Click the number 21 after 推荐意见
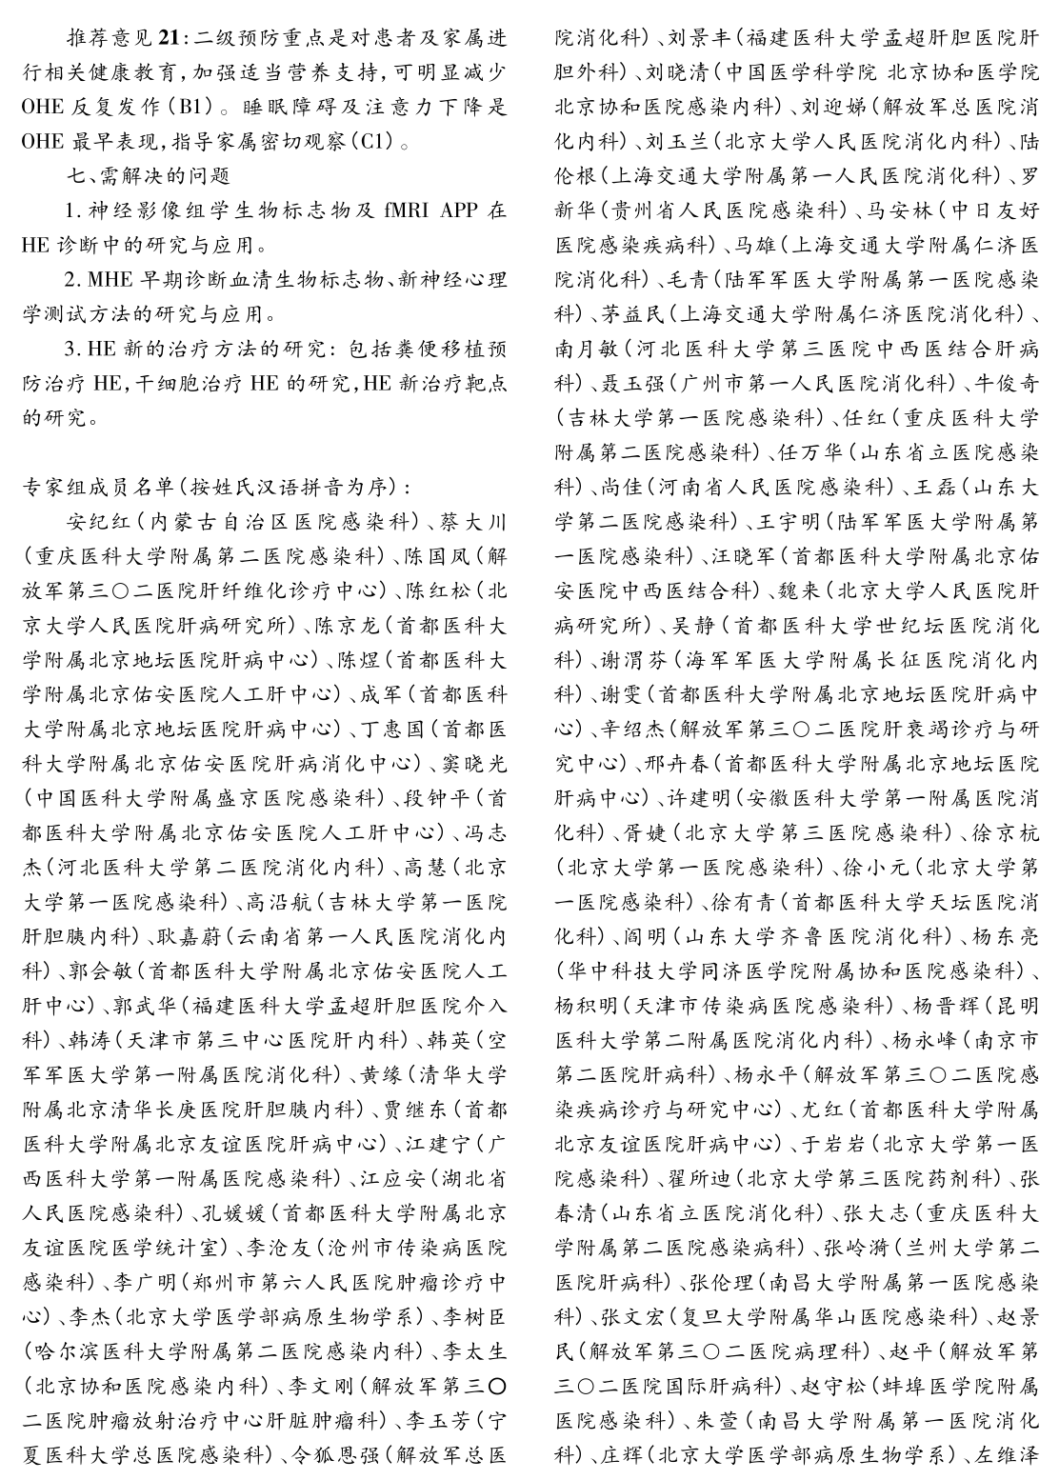point(168,39)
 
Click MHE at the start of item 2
point(108,279)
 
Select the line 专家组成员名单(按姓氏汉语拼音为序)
point(218,487)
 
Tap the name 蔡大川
point(480,521)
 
